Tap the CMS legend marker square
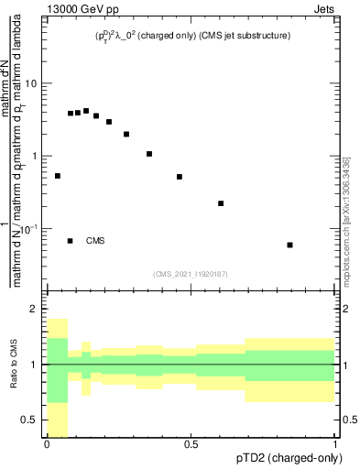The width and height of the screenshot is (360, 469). [71, 241]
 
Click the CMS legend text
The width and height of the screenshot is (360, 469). [96, 241]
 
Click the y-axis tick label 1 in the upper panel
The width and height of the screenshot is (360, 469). [36, 156]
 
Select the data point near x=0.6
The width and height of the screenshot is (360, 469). [221, 203]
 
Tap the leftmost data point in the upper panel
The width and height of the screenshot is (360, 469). [58, 176]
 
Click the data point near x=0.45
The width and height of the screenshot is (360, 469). [180, 177]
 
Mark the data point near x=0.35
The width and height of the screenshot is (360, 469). [149, 154]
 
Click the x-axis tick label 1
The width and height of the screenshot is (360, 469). [335, 443]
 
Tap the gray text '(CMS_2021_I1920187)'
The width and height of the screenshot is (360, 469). [191, 273]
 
